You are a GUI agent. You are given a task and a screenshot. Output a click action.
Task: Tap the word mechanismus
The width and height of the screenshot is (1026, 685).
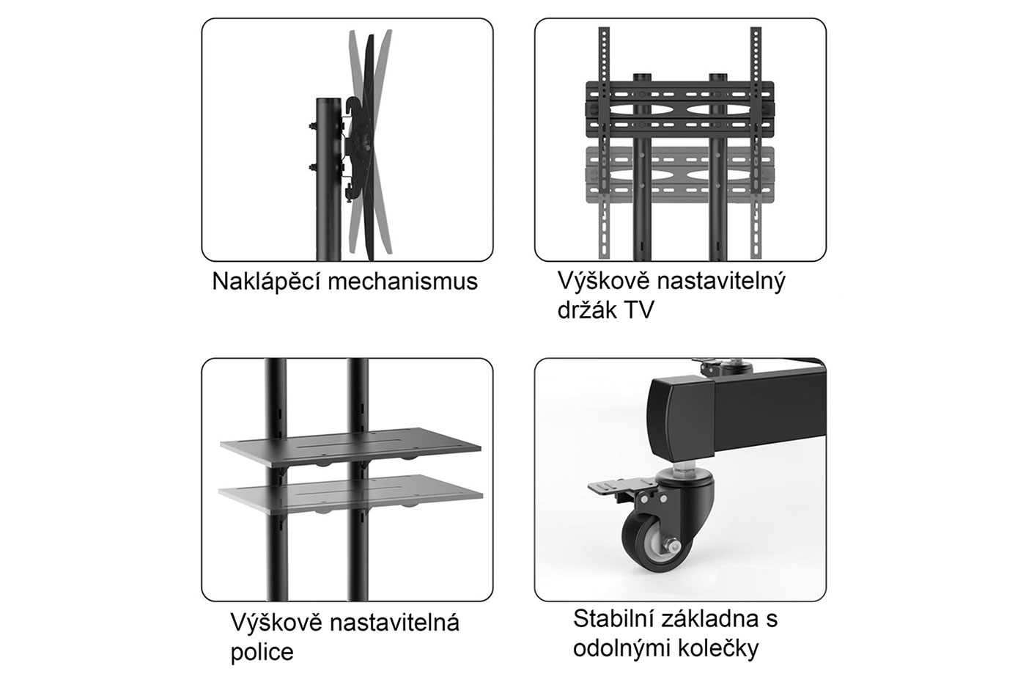click(403, 282)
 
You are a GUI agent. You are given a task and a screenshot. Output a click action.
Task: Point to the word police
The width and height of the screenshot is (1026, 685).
click(262, 651)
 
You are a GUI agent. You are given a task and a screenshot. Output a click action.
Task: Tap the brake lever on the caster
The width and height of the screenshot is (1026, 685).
click(616, 487)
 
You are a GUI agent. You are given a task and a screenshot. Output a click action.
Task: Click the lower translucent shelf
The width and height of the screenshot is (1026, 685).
click(351, 493)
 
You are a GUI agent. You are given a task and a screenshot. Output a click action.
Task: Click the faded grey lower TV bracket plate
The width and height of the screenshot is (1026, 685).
click(680, 175)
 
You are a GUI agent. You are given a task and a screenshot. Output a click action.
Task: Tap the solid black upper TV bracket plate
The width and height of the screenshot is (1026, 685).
click(680, 109)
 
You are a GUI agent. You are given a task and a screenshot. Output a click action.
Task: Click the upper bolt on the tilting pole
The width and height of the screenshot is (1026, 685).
click(312, 125)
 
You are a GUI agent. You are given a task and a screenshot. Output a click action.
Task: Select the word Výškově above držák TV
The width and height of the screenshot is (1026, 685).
click(603, 282)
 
